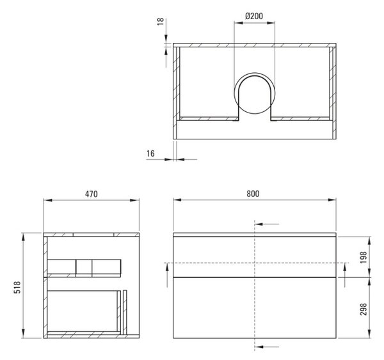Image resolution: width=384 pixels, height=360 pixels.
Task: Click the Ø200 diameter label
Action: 254,16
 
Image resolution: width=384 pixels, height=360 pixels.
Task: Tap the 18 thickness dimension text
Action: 160,22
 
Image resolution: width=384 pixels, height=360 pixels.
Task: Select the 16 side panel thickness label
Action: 150,153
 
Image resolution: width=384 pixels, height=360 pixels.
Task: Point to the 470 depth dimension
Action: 92,194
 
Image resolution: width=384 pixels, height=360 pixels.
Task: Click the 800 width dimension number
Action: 253,194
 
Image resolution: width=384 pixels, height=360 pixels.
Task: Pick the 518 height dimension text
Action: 17,287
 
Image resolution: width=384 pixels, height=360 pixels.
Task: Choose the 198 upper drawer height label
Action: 364,257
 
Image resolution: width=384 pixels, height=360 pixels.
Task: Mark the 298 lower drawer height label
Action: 364,309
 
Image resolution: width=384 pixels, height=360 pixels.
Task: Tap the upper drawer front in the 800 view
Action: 255,256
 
